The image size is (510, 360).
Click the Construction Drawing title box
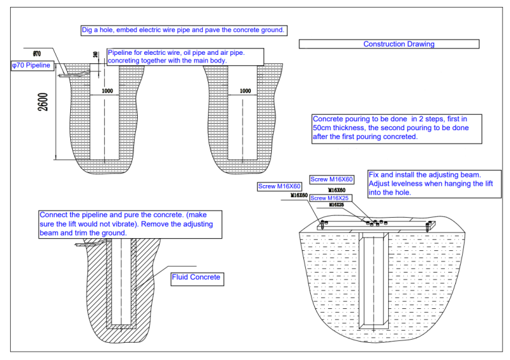(x=389, y=44)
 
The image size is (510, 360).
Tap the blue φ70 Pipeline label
(x=31, y=65)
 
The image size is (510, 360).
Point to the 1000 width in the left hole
(x=107, y=91)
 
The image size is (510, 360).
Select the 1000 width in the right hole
(x=245, y=91)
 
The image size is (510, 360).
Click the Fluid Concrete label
(x=196, y=277)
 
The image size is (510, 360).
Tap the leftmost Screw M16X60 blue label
(x=279, y=186)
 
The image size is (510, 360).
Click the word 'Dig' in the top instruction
(x=88, y=30)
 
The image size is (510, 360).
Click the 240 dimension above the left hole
(x=96, y=55)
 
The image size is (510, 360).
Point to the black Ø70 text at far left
(x=36, y=54)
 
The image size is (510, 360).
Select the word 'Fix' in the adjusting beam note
(x=375, y=174)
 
